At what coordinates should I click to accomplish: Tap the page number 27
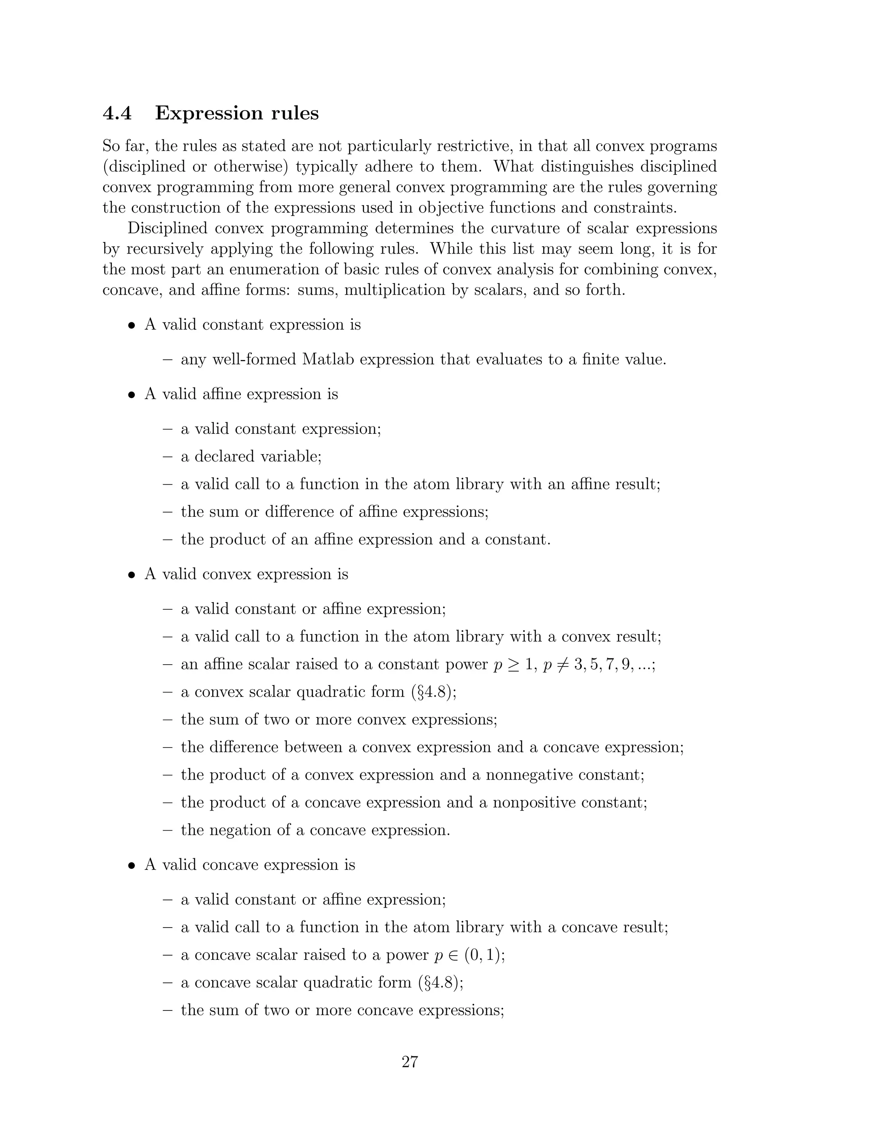(x=410, y=1062)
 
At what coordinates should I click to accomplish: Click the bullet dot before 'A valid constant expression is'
(x=132, y=326)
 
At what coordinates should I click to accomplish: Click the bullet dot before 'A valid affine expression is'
(x=132, y=395)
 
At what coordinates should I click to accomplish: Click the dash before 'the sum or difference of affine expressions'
(x=167, y=512)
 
